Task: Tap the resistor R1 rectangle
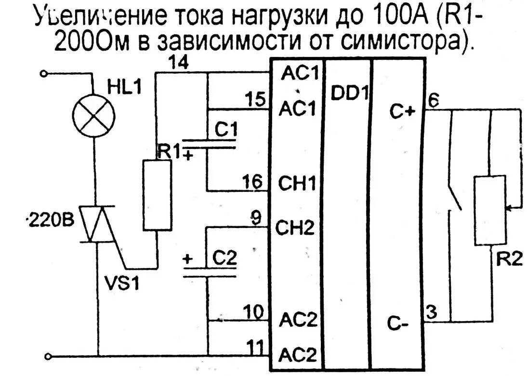(157, 196)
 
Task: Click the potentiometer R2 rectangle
(490, 211)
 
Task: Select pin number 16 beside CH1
(253, 182)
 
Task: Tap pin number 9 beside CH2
(257, 218)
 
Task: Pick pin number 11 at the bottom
(254, 346)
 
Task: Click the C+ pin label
(402, 112)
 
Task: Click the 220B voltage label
(50, 222)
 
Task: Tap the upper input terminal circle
(44, 74)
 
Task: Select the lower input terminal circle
(48, 357)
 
